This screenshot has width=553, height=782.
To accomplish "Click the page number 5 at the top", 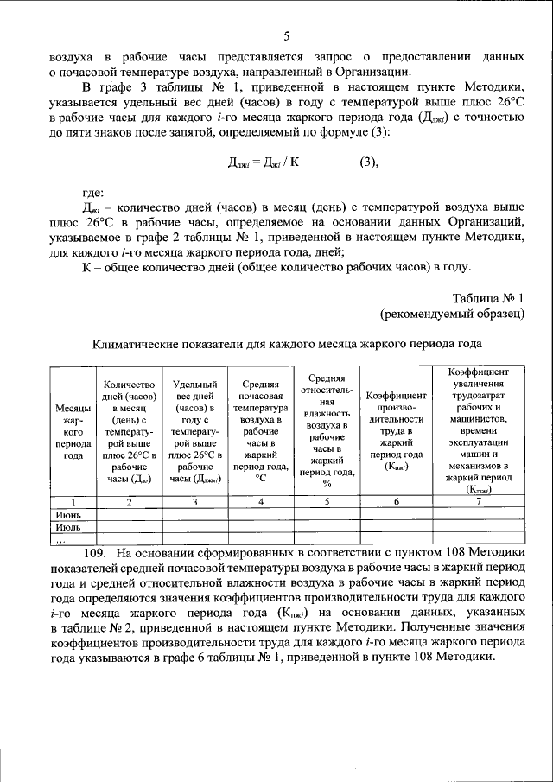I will [x=286, y=35].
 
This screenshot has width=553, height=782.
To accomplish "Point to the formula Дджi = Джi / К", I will [x=264, y=162].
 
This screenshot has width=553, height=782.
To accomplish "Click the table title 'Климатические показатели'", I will [x=286, y=343].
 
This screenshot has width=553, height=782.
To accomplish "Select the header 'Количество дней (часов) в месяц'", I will [x=129, y=432].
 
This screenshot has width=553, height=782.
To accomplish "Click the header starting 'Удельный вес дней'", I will [x=194, y=432].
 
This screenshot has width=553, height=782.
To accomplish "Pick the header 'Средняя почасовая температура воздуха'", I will [x=260, y=432].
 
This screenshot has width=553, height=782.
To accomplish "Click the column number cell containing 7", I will [x=477, y=502].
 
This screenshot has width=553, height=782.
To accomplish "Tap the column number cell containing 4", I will [x=260, y=502].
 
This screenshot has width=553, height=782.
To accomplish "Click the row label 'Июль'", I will [x=68, y=525].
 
